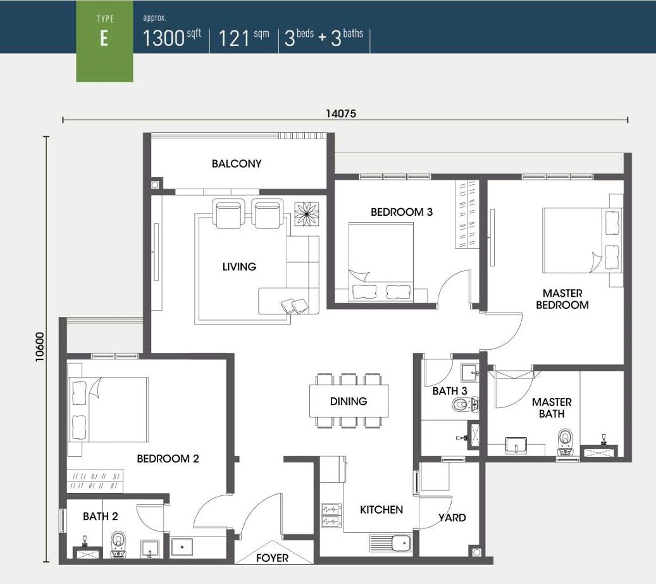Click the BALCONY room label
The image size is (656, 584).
pyautogui.click(x=237, y=164)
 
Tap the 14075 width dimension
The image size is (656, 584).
pyautogui.click(x=341, y=113)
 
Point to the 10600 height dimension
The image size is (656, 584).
pyautogui.click(x=39, y=347)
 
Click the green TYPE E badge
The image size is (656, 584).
pyautogui.click(x=104, y=41)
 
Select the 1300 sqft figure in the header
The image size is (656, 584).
pyautogui.click(x=172, y=37)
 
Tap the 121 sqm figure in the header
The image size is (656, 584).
pyautogui.click(x=244, y=38)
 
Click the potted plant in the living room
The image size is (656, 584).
pyautogui.click(x=307, y=214)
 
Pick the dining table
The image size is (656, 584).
pyautogui.click(x=349, y=401)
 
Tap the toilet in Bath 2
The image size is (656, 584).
pyautogui.click(x=119, y=545)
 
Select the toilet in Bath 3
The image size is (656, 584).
pyautogui.click(x=465, y=404)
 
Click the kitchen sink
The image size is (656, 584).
pyautogui.click(x=391, y=543)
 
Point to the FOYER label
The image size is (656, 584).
pyautogui.click(x=273, y=558)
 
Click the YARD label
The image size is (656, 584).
pyautogui.click(x=452, y=518)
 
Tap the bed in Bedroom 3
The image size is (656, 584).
pyautogui.click(x=381, y=262)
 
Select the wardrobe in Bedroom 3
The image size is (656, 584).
pyautogui.click(x=467, y=214)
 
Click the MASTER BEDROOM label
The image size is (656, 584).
pyautogui.click(x=562, y=299)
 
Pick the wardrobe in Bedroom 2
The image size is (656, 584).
pyautogui.click(x=95, y=481)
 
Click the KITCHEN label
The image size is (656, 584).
pyautogui.click(x=381, y=509)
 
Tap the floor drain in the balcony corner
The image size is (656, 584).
pyautogui.click(x=155, y=185)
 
